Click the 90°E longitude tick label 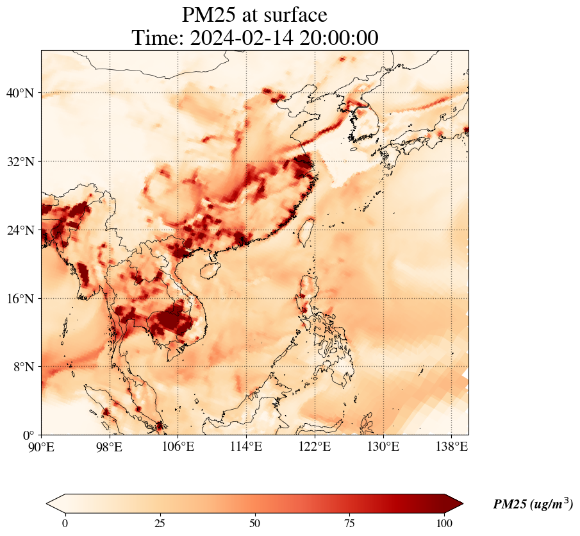click(x=42, y=446)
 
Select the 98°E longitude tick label click(x=110, y=446)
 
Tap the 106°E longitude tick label click(x=178, y=446)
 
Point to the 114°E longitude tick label click(x=246, y=446)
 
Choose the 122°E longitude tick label click(x=315, y=446)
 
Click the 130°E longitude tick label click(x=383, y=446)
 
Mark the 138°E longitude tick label click(x=451, y=446)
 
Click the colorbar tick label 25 click(x=160, y=523)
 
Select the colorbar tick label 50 click(x=255, y=523)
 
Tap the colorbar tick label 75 click(x=350, y=523)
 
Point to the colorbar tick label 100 click(x=445, y=523)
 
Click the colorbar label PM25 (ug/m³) click(x=533, y=505)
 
